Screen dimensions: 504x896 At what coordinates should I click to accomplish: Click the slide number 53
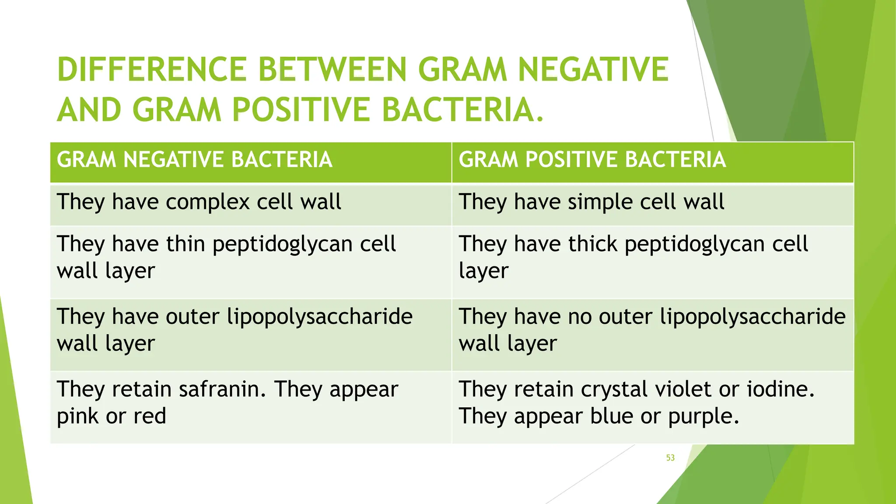click(670, 458)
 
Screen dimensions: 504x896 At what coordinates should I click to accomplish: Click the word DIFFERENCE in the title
click(152, 70)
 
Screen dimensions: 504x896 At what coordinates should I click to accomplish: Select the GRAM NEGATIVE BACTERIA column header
click(194, 160)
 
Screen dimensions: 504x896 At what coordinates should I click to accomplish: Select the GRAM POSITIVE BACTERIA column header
click(592, 160)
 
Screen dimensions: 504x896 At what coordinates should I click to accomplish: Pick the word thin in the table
click(185, 244)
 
